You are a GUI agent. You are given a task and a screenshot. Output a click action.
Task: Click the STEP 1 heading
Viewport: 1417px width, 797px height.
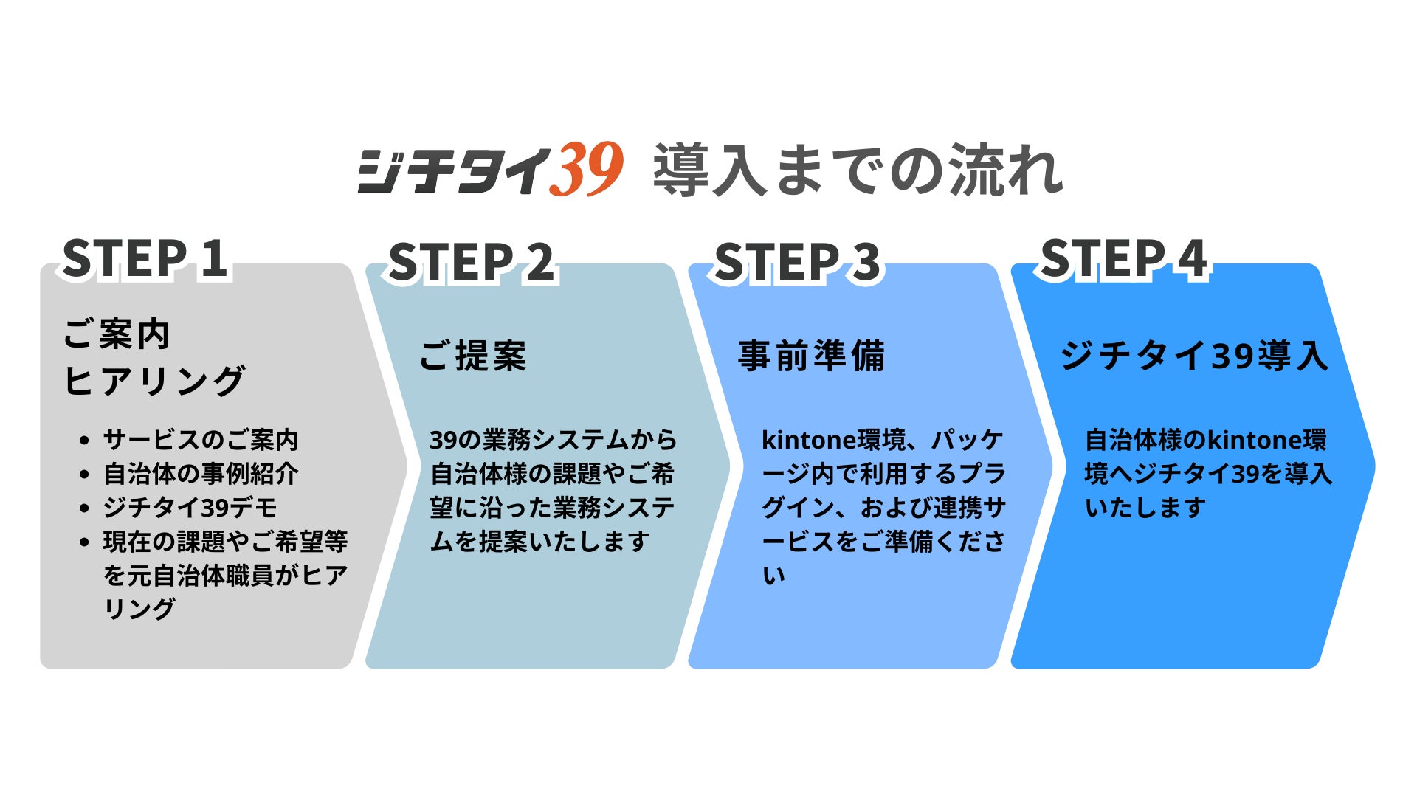[x=145, y=259]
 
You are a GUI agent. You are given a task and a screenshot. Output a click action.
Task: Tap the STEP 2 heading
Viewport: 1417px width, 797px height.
[x=471, y=263]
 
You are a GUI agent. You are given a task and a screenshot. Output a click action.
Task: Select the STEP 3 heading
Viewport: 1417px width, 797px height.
[x=797, y=263]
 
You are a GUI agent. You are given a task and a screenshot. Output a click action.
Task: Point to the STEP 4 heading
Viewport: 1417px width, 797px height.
[x=1123, y=259]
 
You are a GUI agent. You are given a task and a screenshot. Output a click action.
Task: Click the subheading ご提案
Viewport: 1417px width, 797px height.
[x=472, y=356]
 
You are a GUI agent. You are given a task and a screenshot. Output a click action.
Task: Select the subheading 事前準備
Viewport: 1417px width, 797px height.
[x=811, y=356]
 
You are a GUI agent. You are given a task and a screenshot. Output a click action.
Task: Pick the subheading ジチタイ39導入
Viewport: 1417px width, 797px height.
[x=1194, y=356]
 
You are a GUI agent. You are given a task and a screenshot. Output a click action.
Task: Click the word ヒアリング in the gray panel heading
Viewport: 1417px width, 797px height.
[x=154, y=381]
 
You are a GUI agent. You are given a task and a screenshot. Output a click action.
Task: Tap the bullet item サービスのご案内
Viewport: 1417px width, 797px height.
[x=201, y=440]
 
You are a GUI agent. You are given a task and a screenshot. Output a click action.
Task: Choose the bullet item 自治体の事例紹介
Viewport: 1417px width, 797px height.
[x=201, y=474]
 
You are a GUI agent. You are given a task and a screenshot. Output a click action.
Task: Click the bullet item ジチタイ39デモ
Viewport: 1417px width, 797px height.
[x=190, y=508]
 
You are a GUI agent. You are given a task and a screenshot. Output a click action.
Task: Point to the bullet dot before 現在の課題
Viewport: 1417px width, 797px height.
[x=84, y=542]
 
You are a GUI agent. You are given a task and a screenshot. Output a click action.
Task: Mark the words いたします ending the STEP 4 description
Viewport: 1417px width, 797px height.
[x=1145, y=508]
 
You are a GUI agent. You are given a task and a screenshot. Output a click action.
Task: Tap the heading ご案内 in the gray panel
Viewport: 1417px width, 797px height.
[x=117, y=334]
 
